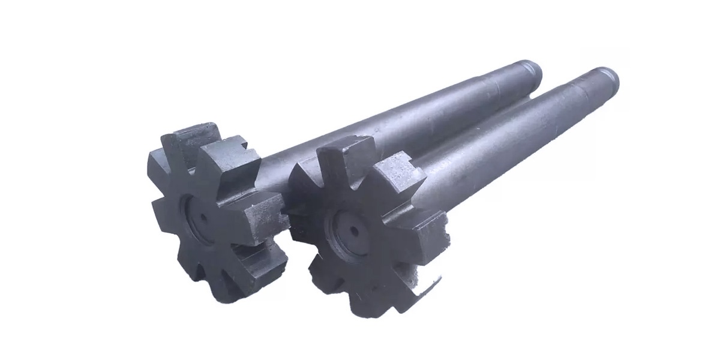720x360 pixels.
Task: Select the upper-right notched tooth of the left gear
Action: click(x=231, y=162)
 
